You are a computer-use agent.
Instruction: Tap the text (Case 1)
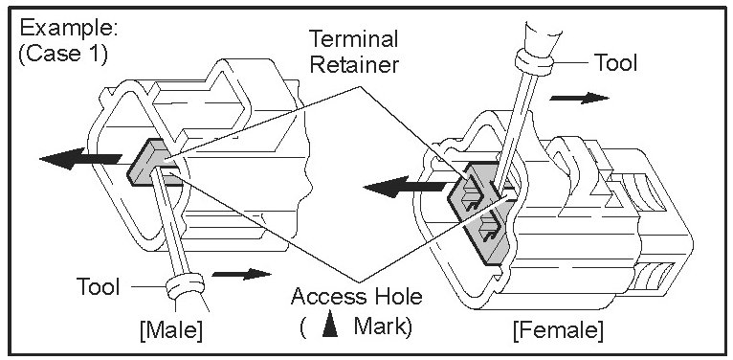pyautogui.click(x=62, y=55)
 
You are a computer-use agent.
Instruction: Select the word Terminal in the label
pyautogui.click(x=354, y=39)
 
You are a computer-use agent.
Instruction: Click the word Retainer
pyautogui.click(x=354, y=64)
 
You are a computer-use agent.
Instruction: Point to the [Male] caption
pyautogui.click(x=171, y=330)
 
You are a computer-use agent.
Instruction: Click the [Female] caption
pyautogui.click(x=558, y=330)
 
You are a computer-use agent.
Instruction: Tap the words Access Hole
pyautogui.click(x=356, y=297)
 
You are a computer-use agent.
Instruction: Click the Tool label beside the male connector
pyautogui.click(x=99, y=286)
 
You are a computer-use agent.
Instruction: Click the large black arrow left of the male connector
pyautogui.click(x=80, y=159)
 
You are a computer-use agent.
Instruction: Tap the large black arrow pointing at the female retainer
pyautogui.click(x=405, y=188)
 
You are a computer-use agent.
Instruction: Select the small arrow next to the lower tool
pyautogui.click(x=241, y=274)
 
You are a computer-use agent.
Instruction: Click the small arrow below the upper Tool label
pyautogui.click(x=579, y=98)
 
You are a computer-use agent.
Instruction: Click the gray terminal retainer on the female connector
pyautogui.click(x=481, y=213)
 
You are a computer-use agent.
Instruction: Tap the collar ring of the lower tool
pyautogui.click(x=186, y=286)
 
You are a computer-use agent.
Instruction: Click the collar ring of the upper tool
pyautogui.click(x=534, y=62)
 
